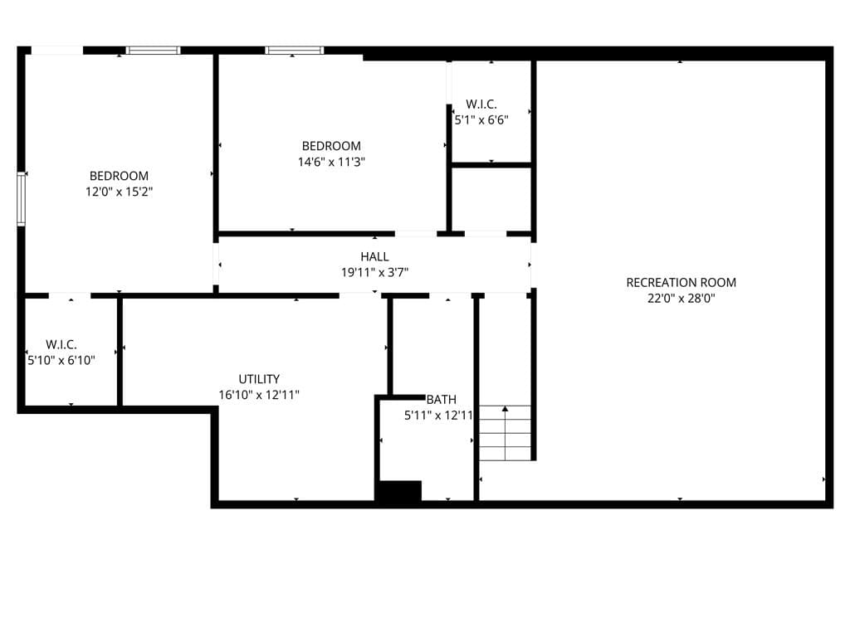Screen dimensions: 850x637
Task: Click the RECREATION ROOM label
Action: tap(681, 282)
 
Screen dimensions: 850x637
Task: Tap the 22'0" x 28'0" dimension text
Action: tap(681, 298)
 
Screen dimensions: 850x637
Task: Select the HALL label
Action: tap(374, 256)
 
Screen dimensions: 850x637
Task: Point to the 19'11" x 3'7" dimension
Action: tap(374, 272)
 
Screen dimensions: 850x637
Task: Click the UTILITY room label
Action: tap(259, 379)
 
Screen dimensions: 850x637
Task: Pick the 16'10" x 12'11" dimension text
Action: tap(259, 395)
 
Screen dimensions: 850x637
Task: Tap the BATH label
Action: tap(442, 400)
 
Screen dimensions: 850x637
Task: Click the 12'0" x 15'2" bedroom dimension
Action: tap(120, 192)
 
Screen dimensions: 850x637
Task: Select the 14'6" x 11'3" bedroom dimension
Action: tap(331, 162)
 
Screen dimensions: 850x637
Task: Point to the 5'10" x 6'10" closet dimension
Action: tap(61, 360)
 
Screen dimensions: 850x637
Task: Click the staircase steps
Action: tap(506, 433)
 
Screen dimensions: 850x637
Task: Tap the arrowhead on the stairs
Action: tap(506, 408)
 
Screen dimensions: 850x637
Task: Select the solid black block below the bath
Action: tap(398, 491)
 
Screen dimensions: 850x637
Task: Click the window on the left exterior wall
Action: tap(21, 199)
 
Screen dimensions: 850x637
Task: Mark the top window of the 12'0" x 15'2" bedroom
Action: tap(154, 51)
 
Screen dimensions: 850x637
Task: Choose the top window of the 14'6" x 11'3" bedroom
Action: tap(295, 51)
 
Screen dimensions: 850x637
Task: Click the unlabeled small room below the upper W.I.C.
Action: tap(491, 199)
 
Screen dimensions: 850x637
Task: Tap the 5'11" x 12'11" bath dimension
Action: tap(438, 416)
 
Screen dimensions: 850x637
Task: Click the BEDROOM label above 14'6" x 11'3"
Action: tap(331, 146)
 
